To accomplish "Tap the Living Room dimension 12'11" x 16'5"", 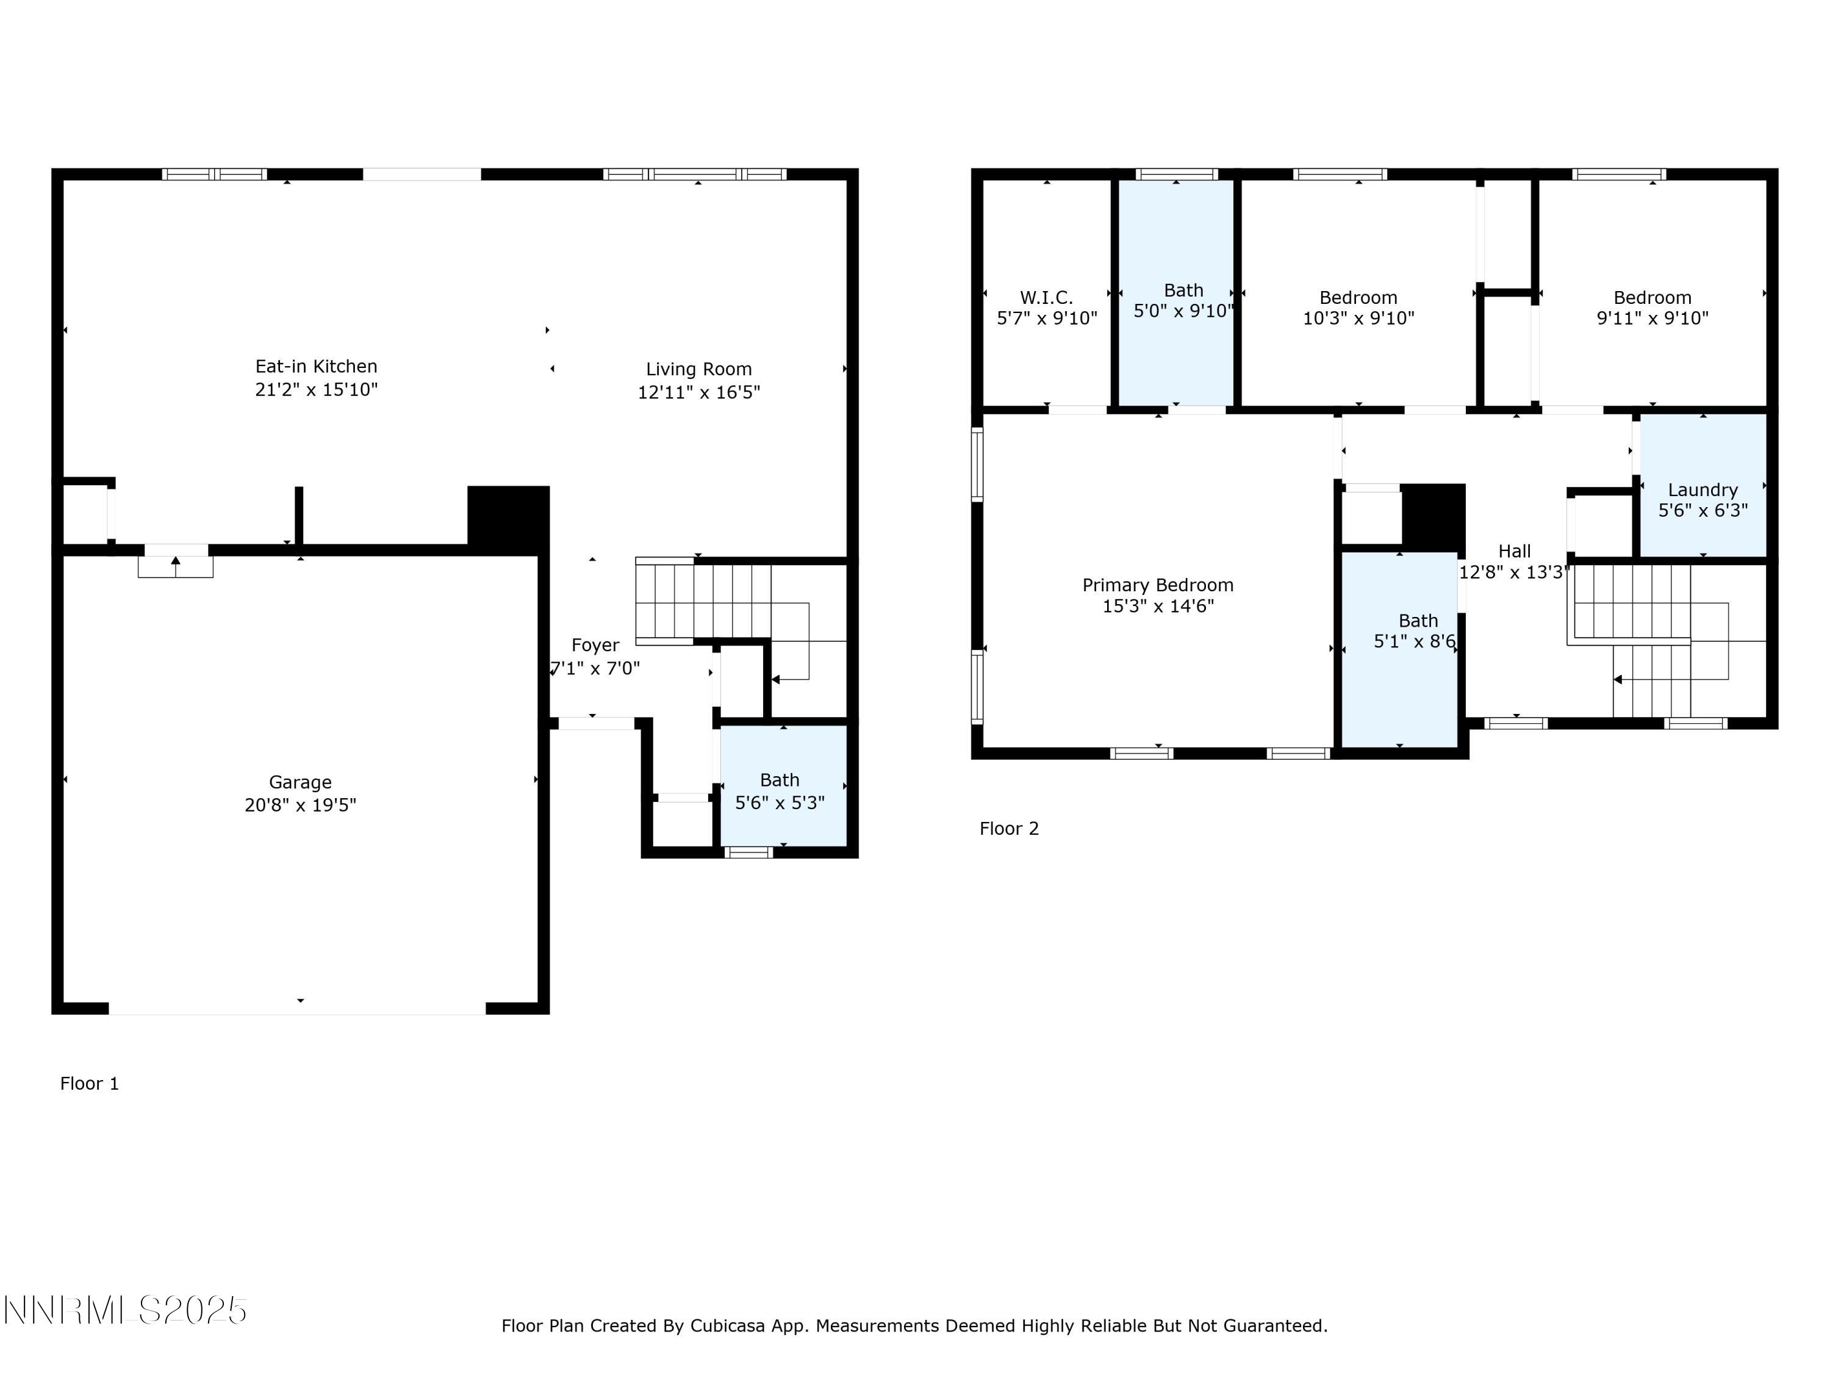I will click(698, 392).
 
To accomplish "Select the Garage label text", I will click(300, 782).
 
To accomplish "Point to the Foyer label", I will click(595, 646).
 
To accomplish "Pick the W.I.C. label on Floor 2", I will click(1047, 298).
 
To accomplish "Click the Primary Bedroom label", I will click(1157, 585).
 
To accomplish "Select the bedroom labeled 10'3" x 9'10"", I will click(1358, 308).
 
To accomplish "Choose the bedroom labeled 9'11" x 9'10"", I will click(1652, 308).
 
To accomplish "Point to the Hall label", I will click(1515, 551).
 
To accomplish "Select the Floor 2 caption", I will click(1008, 829).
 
